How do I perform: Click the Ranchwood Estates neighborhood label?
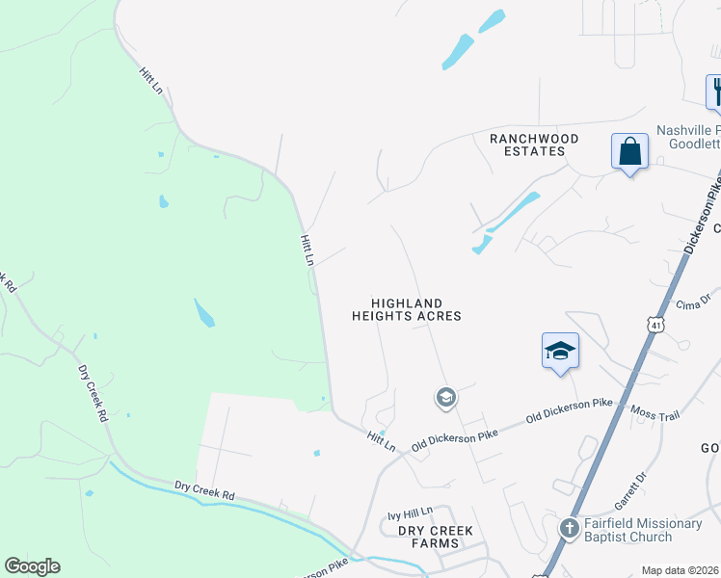534,144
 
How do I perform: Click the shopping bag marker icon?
629,152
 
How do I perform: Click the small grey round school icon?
445,397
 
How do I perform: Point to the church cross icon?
570,529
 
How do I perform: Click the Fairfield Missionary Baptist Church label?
643,529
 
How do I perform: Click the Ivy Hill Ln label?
411,514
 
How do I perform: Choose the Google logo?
32,566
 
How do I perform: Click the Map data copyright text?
680,570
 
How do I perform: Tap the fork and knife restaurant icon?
715,92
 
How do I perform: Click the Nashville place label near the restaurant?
688,130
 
